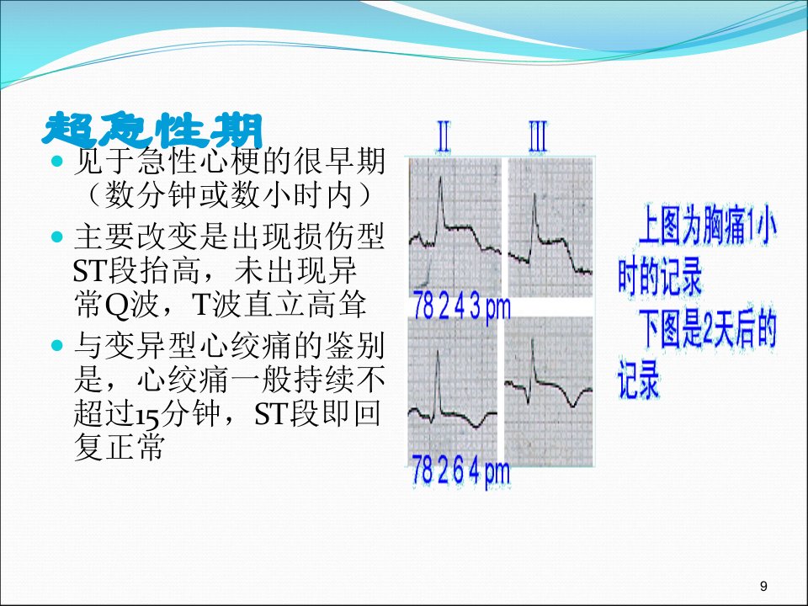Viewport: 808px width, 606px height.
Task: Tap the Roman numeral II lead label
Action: click(444, 136)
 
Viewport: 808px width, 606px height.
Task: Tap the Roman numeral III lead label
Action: click(538, 136)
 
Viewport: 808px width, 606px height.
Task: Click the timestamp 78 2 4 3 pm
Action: click(462, 308)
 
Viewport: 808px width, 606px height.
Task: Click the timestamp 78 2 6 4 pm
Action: click(460, 472)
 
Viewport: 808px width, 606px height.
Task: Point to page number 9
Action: click(763, 586)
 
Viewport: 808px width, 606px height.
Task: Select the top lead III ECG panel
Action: click(550, 227)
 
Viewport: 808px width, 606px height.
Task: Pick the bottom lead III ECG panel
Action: click(549, 391)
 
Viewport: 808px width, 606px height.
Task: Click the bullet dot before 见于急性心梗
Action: click(57, 162)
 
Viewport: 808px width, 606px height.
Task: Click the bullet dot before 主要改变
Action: click(57, 237)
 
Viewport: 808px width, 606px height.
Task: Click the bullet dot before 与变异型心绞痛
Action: click(57, 345)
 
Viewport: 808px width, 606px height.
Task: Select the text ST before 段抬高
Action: click(91, 271)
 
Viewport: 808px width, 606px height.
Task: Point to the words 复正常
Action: click(120, 446)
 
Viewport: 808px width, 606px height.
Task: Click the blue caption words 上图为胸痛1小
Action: click(707, 226)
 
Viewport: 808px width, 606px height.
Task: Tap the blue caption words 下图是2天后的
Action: click(708, 329)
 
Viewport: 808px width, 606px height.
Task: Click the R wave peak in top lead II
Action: click(440, 178)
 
